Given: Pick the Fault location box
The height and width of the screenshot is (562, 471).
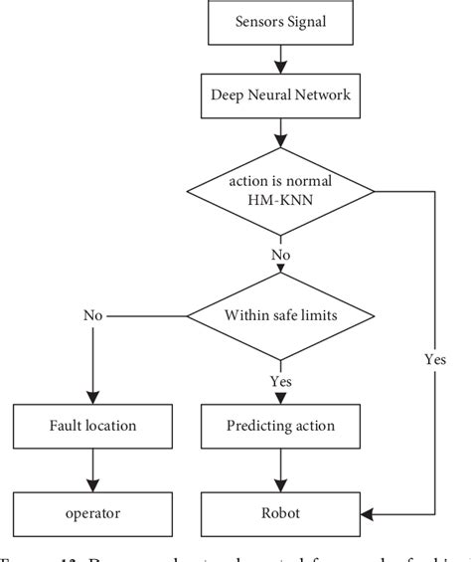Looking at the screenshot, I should (x=93, y=426).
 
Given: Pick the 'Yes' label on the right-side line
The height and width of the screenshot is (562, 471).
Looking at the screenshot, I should (x=433, y=359).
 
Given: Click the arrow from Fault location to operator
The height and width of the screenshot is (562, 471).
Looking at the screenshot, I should (x=93, y=470).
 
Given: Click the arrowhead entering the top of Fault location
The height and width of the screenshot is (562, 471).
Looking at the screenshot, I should (x=93, y=395).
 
